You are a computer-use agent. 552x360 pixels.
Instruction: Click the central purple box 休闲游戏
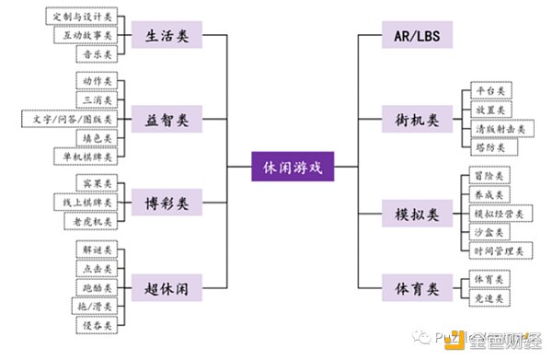293,168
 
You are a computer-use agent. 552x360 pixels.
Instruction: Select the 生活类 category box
167,36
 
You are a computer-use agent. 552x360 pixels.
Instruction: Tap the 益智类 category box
167,120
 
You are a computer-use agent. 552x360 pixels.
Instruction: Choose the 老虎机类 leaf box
90,222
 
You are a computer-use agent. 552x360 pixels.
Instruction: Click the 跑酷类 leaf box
96,287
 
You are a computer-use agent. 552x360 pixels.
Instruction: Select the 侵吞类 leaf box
96,325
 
